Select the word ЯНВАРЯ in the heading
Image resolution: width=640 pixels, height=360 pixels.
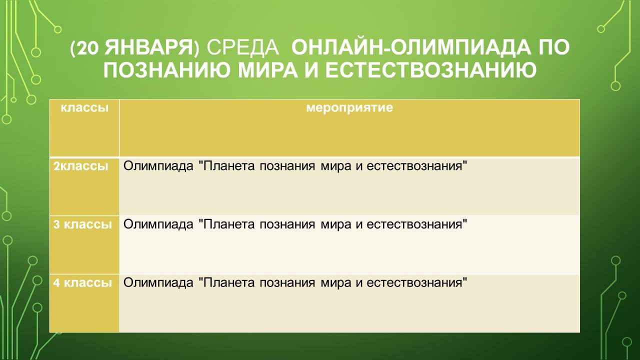(x=148, y=47)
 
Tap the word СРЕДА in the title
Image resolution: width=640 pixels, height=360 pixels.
(x=242, y=48)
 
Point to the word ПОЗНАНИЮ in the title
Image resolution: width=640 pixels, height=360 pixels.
(x=166, y=70)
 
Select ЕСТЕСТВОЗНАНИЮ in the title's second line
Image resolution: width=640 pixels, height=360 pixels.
(x=431, y=70)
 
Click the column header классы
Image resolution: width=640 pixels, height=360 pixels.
(x=84, y=108)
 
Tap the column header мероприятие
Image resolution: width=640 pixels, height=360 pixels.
(x=349, y=108)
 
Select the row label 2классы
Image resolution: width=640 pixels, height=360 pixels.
(x=81, y=166)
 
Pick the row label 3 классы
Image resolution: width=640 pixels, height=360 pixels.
(x=82, y=224)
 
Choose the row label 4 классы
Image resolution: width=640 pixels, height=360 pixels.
(x=82, y=283)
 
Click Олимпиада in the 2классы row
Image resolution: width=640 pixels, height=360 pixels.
(x=158, y=166)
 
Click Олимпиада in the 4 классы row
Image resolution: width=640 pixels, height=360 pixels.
(x=158, y=283)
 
